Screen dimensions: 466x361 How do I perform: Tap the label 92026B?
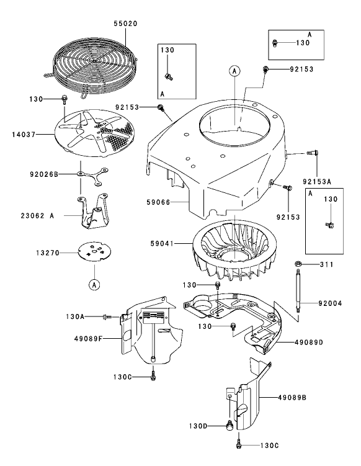pyautogui.click(x=43, y=175)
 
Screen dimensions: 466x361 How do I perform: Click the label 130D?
pyautogui.click(x=199, y=426)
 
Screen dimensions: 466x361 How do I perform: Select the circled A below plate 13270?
pyautogui.click(x=94, y=285)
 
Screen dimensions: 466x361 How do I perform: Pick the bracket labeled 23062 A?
pyautogui.click(x=92, y=213)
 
